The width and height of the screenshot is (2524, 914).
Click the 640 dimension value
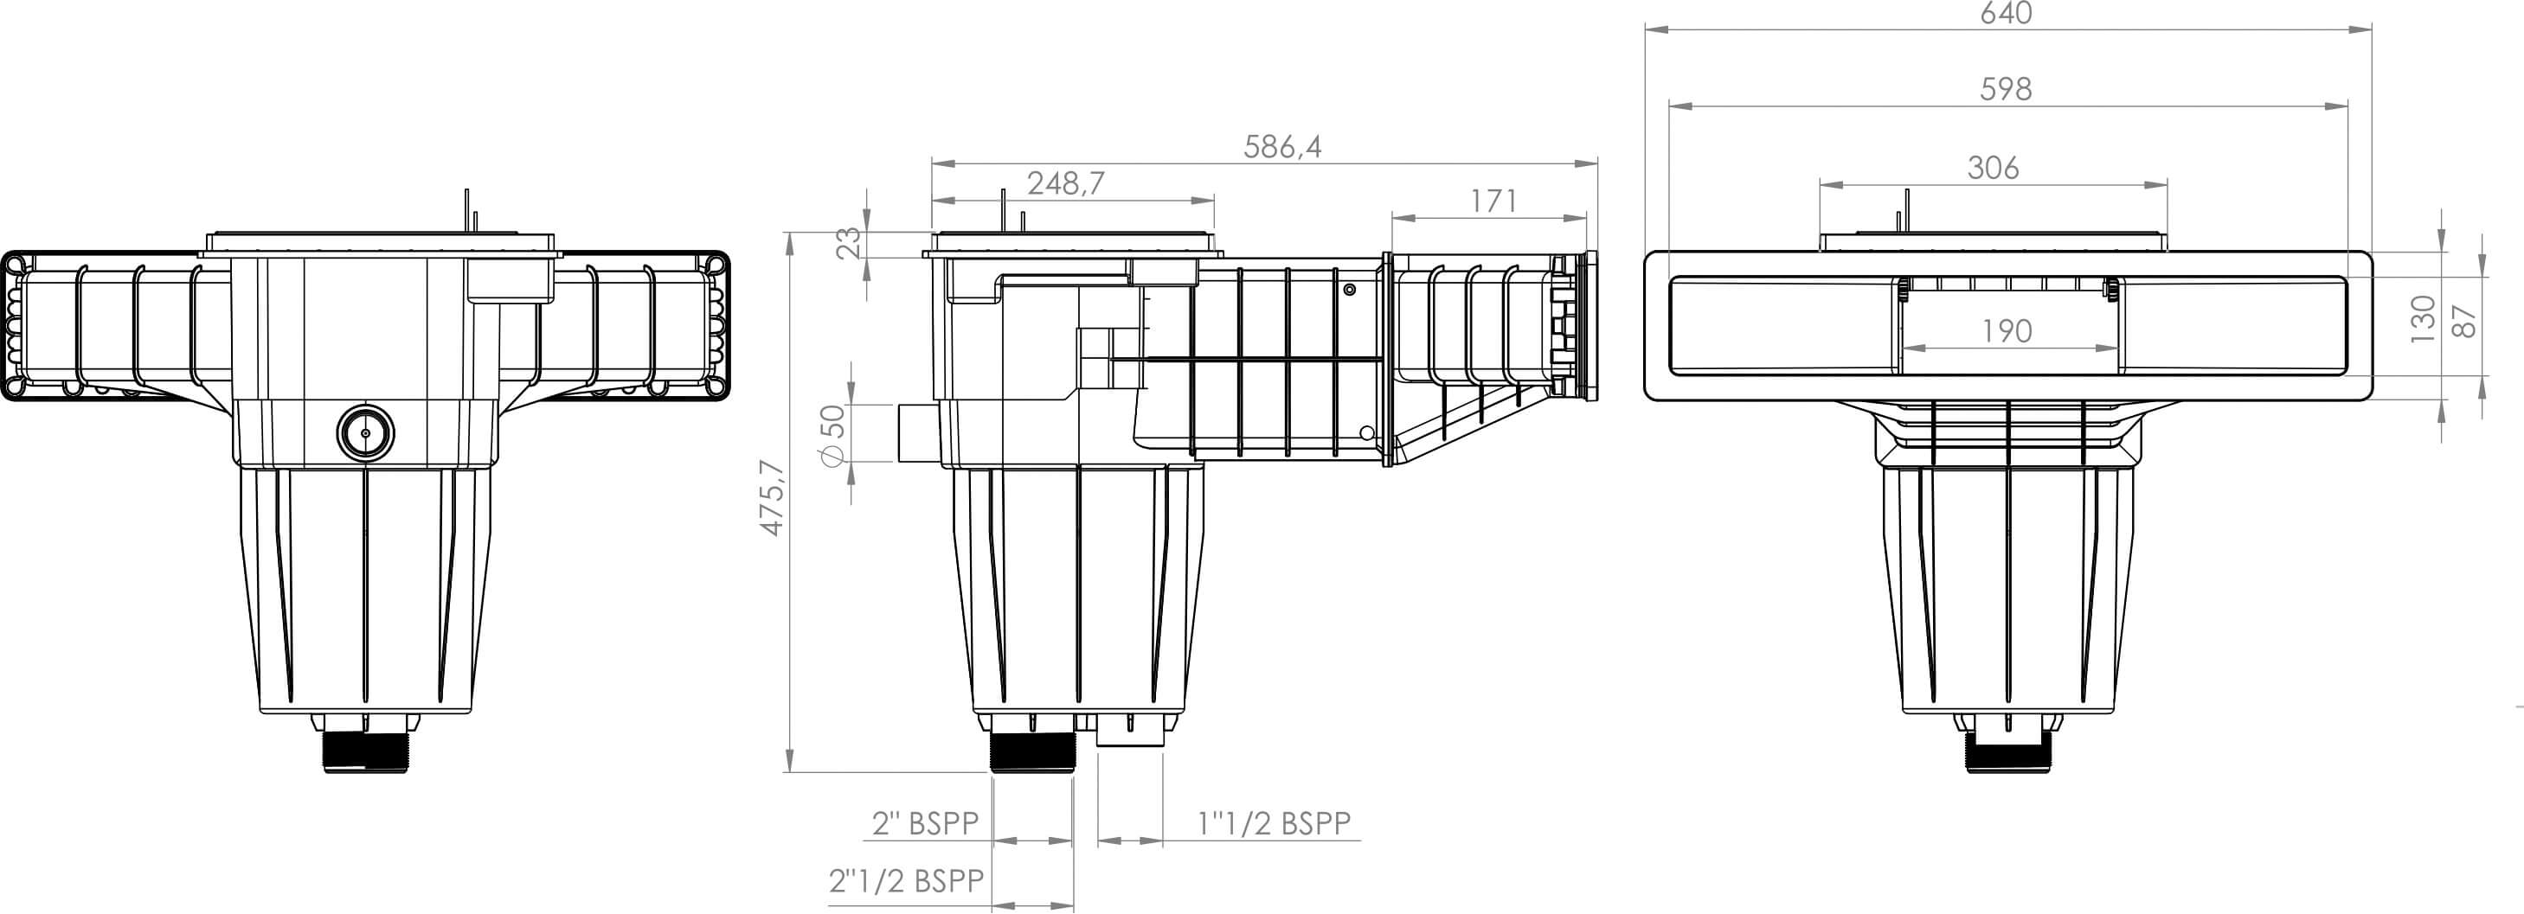[x=2006, y=14]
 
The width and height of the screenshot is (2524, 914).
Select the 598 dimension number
[x=2006, y=89]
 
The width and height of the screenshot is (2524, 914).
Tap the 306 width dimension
[x=1993, y=169]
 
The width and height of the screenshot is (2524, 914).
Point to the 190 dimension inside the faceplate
[x=2006, y=331]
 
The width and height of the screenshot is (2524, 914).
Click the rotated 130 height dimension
[x=2422, y=318]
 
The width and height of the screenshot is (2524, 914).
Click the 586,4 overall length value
[x=1281, y=147]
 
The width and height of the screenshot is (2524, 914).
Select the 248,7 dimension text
[x=1065, y=183]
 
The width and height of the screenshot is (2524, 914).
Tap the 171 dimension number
[x=1493, y=201]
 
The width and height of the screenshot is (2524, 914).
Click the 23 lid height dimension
[x=850, y=241]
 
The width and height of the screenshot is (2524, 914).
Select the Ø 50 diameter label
[x=831, y=435]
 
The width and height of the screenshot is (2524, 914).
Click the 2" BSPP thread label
[x=925, y=824]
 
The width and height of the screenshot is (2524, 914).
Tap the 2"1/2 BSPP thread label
[x=905, y=880]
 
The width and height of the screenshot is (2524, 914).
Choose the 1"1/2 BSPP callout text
[x=1274, y=824]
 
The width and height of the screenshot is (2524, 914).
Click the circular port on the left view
[x=365, y=433]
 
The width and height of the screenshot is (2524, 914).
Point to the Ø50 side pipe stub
[x=915, y=433]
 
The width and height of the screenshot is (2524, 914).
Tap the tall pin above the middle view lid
[x=1002, y=208]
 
